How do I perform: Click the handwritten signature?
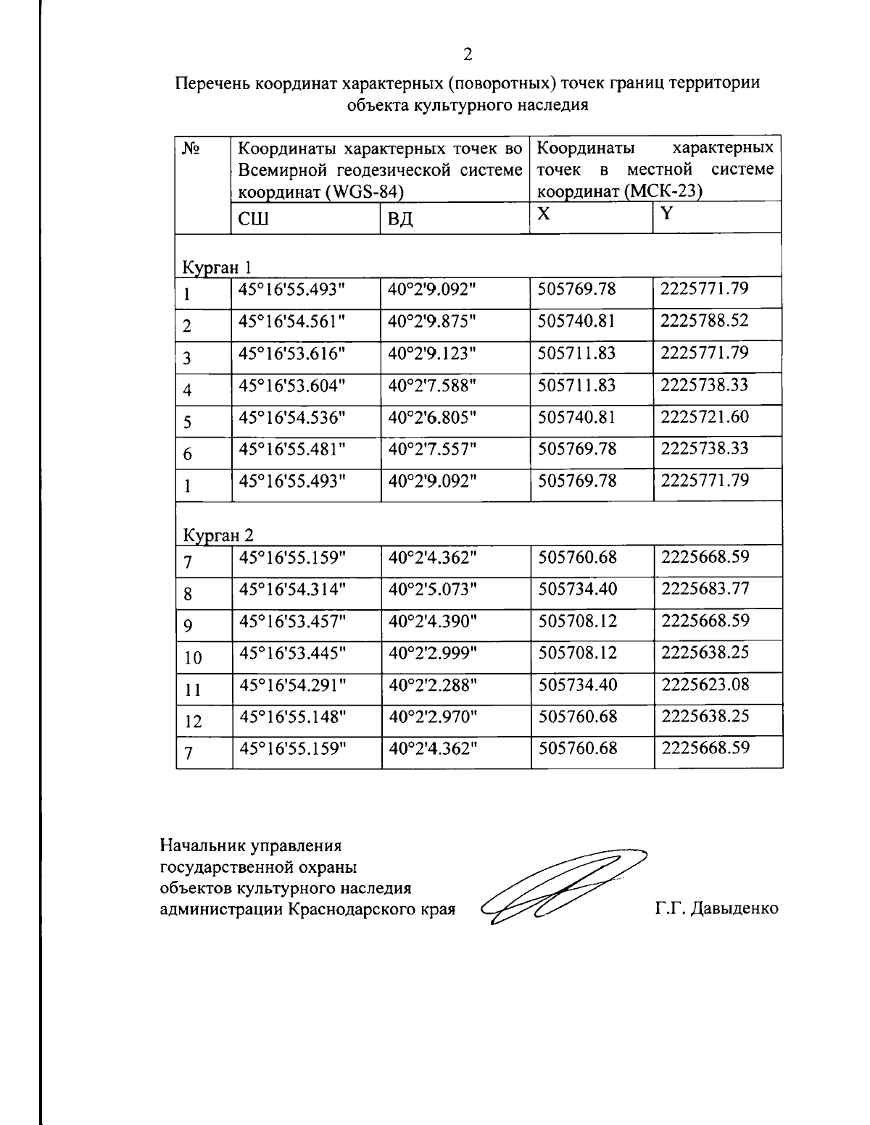coord(562,886)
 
